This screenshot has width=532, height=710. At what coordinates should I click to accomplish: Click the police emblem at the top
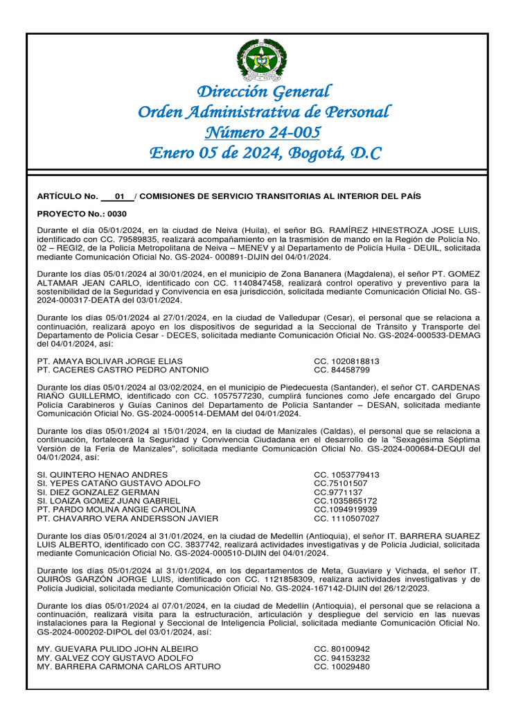[261, 60]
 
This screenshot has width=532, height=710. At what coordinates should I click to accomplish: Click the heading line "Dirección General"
[264, 92]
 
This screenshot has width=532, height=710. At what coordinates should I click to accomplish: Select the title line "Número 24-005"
[264, 132]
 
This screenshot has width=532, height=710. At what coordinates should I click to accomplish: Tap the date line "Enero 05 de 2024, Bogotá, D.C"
[265, 153]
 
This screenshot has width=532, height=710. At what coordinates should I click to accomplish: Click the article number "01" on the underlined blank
[118, 196]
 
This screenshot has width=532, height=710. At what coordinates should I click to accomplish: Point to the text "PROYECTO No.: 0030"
[82, 214]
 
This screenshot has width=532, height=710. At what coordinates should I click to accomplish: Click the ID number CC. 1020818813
[346, 361]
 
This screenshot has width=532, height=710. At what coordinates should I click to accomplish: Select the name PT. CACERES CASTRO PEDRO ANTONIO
[122, 370]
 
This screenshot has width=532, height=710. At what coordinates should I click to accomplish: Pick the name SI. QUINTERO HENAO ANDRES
[102, 475]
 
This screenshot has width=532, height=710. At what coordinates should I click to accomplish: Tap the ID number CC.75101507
[340, 483]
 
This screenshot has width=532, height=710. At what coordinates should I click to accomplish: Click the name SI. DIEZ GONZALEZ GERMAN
[98, 492]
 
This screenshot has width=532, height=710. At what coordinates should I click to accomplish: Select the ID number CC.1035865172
[345, 501]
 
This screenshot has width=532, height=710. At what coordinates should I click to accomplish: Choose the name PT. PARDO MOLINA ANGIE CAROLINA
[116, 510]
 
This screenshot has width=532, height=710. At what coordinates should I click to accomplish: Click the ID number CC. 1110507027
[346, 518]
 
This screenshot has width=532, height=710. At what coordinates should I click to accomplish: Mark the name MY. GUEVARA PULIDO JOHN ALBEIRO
[117, 649]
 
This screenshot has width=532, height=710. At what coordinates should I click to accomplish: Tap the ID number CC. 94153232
[342, 658]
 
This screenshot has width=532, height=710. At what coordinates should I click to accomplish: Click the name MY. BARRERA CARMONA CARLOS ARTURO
[129, 666]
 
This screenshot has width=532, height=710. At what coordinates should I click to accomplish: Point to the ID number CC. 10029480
[342, 666]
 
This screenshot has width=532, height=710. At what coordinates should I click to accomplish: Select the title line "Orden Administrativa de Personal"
[264, 112]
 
